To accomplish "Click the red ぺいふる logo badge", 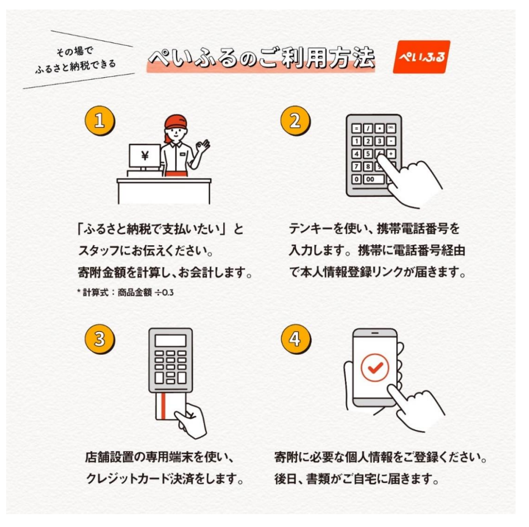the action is [422, 56].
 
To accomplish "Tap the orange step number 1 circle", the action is [100, 121].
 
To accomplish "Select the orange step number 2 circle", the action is [295, 121].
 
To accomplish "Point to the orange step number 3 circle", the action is [100, 339].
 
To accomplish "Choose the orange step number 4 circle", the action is [296, 339].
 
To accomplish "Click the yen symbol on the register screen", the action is [145, 156].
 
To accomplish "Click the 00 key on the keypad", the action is [370, 179].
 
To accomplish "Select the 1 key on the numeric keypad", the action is [356, 141].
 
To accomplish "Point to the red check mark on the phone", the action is [375, 367].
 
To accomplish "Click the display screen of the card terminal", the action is [171, 340].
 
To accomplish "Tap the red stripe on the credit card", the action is [164, 406].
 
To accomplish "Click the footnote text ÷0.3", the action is [164, 292].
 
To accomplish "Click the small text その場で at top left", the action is [74, 51].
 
